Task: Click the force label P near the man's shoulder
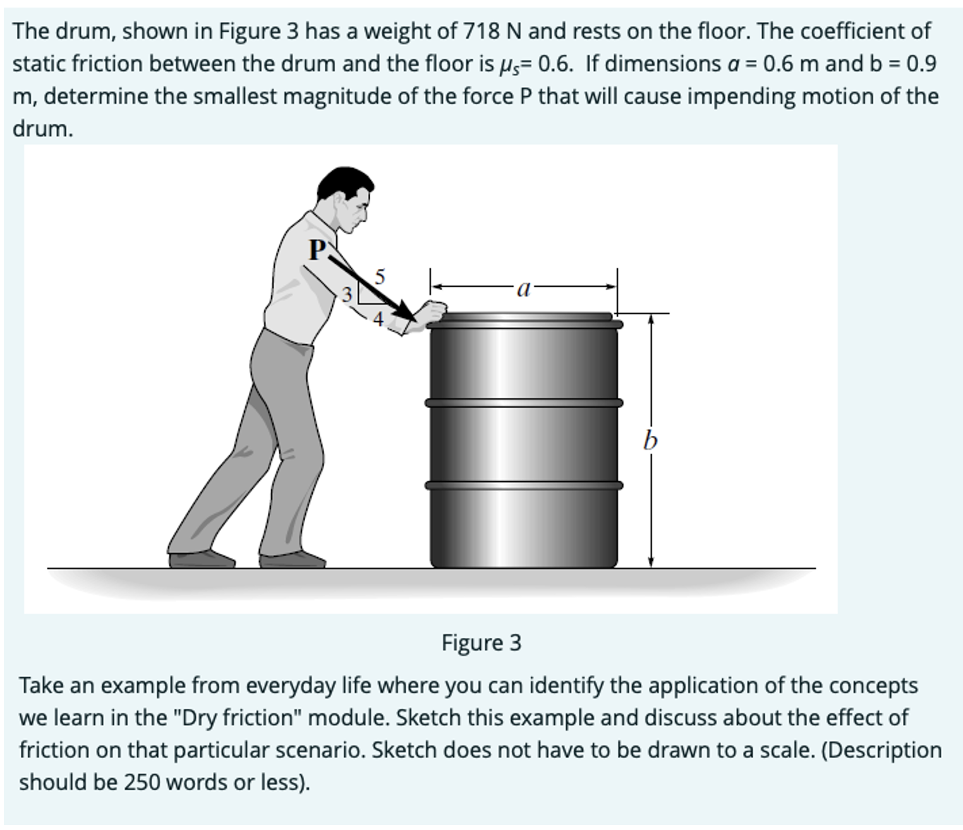pos(317,250)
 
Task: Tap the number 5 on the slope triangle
pos(379,276)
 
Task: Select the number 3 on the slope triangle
pos(346,294)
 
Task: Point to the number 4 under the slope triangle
pos(378,320)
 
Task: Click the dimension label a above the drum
pos(523,289)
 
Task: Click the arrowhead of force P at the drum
pos(404,310)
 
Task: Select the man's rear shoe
pos(201,559)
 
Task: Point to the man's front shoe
pos(293,560)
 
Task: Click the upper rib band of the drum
pos(523,402)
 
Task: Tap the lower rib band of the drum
pos(523,485)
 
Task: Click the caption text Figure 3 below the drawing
pos(481,642)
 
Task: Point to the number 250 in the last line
pos(141,782)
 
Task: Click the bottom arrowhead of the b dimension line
pos(651,562)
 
